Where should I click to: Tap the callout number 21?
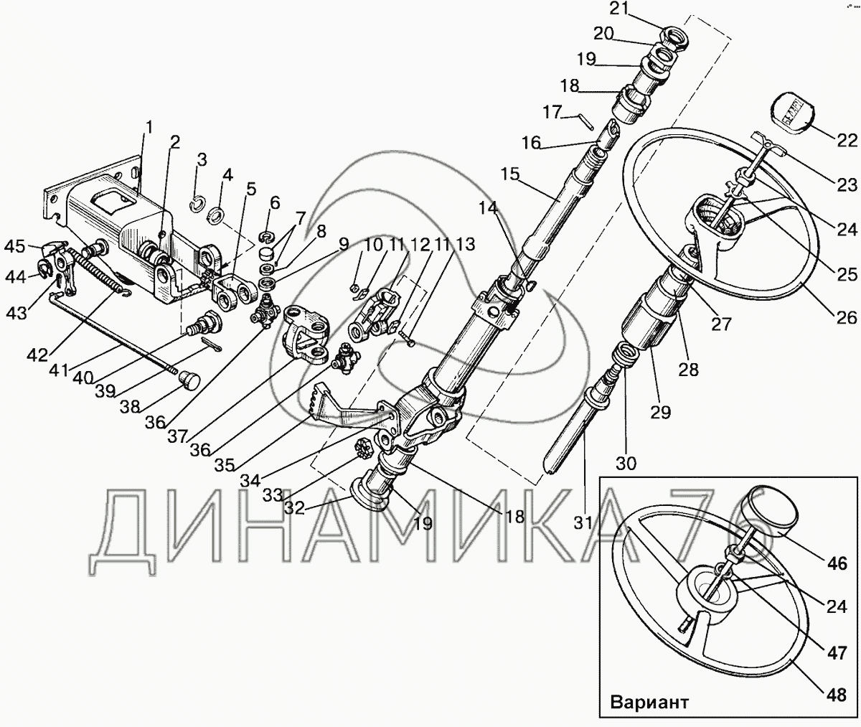tap(619, 9)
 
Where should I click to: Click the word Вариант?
tap(650, 701)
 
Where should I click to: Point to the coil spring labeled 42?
tap(100, 273)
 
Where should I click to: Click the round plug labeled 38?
tap(189, 380)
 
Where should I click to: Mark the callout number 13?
tap(464, 244)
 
